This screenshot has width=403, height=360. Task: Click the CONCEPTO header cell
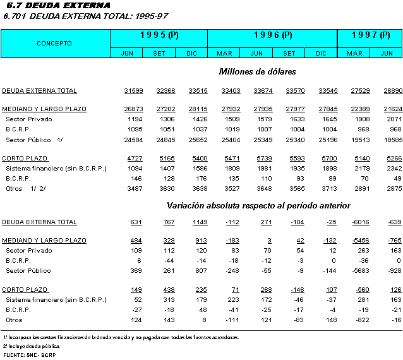tap(54, 44)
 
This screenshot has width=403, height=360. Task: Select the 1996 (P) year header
tap(272, 35)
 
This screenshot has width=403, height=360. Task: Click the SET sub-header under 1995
tap(159, 53)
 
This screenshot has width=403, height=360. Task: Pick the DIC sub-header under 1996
tap(321, 53)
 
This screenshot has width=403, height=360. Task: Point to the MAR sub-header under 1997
tap(354, 53)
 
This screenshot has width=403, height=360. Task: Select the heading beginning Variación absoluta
tap(258, 205)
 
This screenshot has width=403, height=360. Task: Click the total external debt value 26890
tap(390, 91)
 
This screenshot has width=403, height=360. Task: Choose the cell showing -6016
tap(355, 222)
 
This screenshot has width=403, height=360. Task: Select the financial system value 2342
tap(390, 169)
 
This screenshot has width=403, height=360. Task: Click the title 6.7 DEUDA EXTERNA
tap(52, 6)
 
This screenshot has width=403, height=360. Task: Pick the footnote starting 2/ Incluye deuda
tap(32, 346)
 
